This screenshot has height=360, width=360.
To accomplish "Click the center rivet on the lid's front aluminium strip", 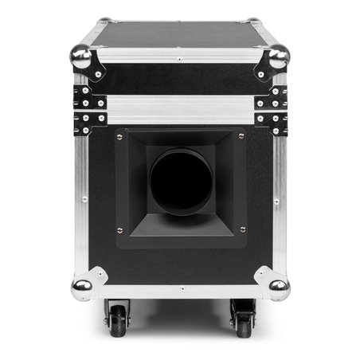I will click(180, 59).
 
